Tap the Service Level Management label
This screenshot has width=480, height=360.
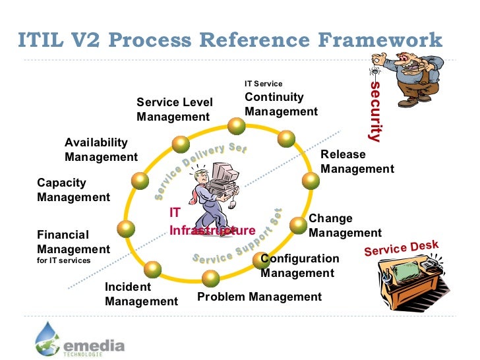click(x=174, y=109)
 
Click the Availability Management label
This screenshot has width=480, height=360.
click(x=100, y=150)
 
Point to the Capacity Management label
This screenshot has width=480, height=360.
click(x=73, y=190)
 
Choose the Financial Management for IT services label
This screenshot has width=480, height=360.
click(x=73, y=245)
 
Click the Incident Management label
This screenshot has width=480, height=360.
click(x=140, y=294)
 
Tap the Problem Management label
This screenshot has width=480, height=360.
click(x=259, y=297)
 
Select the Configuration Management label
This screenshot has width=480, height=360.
click(x=300, y=266)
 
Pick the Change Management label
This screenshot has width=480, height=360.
click(x=344, y=225)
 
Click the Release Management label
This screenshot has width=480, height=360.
click(x=357, y=162)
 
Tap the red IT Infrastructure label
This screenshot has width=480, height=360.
click(x=211, y=222)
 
